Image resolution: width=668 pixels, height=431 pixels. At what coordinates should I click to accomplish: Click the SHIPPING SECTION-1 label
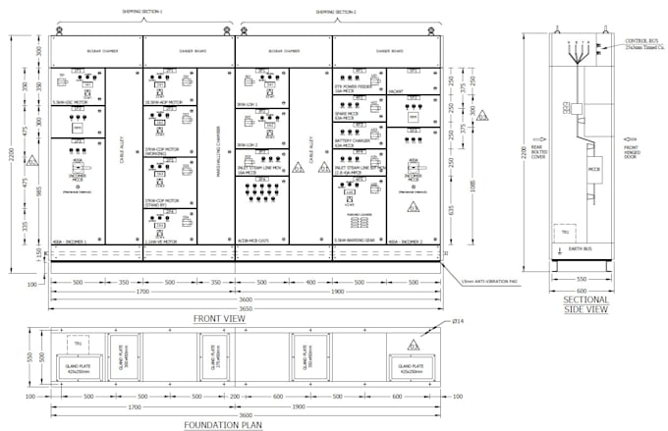[x=142, y=12]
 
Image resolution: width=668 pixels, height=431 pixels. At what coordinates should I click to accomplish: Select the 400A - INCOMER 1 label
[x=69, y=241]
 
